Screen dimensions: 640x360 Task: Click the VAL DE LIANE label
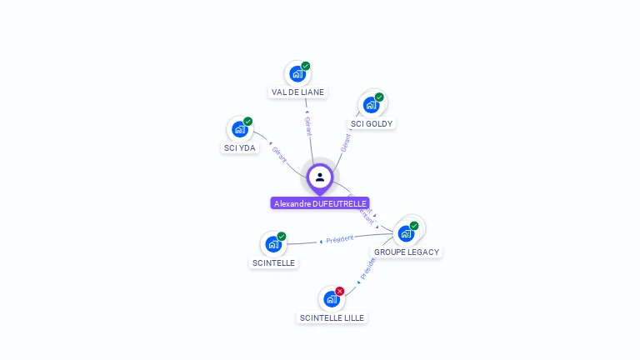point(297,92)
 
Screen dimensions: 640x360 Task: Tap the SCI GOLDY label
point(371,123)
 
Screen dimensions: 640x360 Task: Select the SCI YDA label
point(240,148)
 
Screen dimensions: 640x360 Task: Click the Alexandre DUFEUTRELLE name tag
point(320,203)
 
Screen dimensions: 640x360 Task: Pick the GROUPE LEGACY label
point(406,252)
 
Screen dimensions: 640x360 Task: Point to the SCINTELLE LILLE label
point(332,317)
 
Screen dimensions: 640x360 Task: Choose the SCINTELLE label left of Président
point(273,262)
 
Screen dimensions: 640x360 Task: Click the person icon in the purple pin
point(320,177)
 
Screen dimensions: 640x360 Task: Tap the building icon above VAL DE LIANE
point(297,74)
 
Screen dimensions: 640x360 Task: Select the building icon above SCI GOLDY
point(371,105)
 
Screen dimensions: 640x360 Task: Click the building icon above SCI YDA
point(240,129)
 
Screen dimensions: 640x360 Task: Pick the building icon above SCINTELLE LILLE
point(332,299)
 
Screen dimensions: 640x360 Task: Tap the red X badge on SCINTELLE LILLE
point(340,291)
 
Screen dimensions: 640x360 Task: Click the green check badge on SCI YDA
point(248,122)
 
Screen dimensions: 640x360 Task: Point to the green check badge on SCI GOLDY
point(379,97)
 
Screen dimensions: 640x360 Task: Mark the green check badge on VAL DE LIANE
point(306,66)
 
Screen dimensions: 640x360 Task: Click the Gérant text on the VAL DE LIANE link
point(307,126)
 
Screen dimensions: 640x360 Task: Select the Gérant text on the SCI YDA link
point(279,155)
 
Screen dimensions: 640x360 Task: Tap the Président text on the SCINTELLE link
point(339,239)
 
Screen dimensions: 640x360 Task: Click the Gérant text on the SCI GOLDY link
point(345,142)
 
